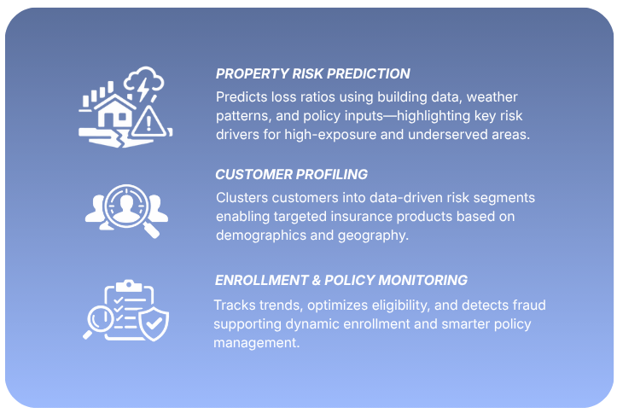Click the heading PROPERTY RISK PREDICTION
312,73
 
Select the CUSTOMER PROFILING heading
291,174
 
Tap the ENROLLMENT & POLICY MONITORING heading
341,280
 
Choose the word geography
376,235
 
